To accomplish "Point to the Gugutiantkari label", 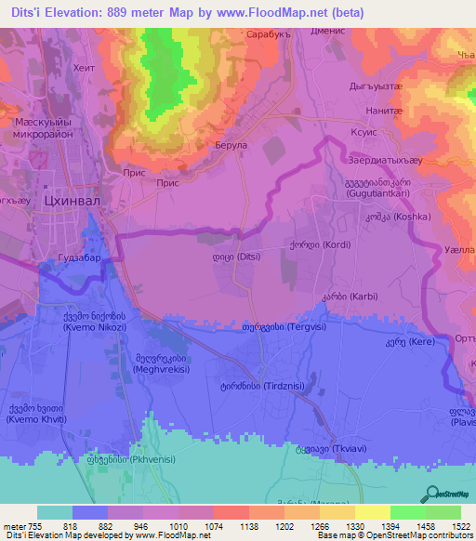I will point(377,188).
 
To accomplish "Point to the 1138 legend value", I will point(233,526).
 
